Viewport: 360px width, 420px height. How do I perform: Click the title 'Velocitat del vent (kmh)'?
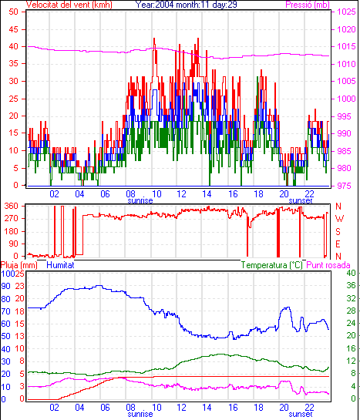point(69,5)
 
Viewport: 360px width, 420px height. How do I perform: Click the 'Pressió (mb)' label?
point(308,5)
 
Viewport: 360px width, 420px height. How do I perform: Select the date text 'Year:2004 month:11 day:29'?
point(186,5)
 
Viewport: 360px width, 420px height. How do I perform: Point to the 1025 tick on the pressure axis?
point(346,12)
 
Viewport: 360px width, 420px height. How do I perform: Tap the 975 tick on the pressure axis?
point(344,186)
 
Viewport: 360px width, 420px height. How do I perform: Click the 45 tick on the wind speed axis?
point(14,29)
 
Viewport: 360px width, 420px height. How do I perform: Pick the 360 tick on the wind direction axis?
point(11,207)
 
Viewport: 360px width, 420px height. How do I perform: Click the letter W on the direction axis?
point(339,219)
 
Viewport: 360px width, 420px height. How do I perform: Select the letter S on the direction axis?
point(338,231)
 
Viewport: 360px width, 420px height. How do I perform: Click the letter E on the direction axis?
point(338,244)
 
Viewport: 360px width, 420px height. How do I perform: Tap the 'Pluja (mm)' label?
point(19,265)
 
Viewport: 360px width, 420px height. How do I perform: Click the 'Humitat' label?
point(60,265)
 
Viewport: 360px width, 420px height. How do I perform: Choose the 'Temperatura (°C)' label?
point(271,265)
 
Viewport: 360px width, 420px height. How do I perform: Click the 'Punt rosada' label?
point(328,265)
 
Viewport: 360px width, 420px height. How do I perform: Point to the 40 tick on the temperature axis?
point(352,273)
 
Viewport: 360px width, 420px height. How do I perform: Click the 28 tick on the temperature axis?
point(352,311)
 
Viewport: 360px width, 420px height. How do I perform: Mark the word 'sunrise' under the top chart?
point(140,200)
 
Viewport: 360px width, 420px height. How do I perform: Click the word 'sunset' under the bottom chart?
point(301,414)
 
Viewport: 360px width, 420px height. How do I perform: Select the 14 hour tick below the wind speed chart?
point(207,193)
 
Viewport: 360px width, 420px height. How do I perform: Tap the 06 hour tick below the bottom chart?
point(105,408)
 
